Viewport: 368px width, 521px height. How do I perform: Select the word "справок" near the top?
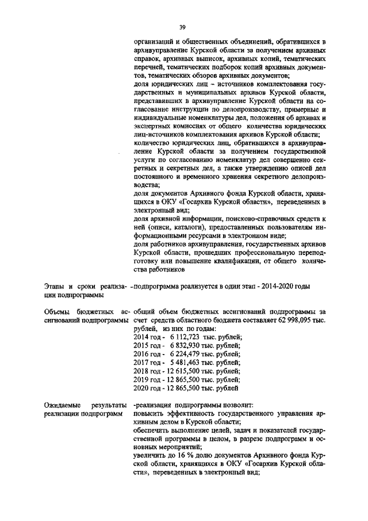pyautogui.click(x=145, y=59)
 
